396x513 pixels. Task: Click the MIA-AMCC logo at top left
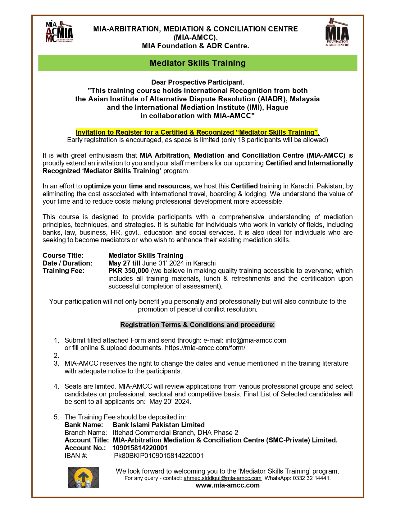tap(60, 32)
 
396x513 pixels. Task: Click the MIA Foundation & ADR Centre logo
tap(337, 32)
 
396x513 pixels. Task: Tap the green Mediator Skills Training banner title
tap(198, 63)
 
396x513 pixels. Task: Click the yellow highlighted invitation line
tap(198, 132)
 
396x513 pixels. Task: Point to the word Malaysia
tap(304, 99)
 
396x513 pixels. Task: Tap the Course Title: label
tap(63, 256)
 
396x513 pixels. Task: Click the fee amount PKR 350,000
tap(129, 271)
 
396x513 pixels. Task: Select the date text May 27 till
tap(124, 263)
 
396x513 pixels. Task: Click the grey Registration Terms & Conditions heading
tap(198, 325)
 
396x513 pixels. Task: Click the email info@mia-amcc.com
tap(256, 340)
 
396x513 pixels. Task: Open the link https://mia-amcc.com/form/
tap(205, 348)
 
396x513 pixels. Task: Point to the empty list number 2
tap(56, 356)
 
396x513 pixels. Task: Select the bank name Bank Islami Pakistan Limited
tap(158, 425)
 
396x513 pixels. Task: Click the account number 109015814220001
tap(140, 448)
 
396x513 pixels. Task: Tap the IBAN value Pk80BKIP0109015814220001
tap(159, 456)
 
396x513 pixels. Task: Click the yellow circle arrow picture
tap(83, 478)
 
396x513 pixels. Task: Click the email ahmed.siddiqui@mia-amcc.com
tap(222, 478)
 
